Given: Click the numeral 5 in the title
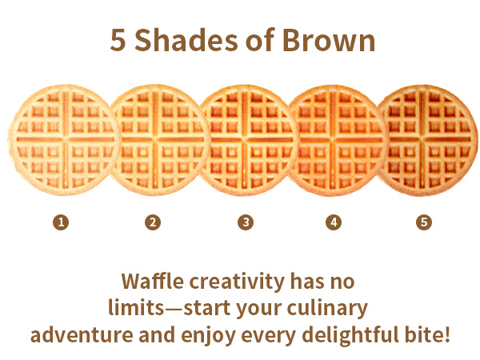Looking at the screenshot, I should point(117,41).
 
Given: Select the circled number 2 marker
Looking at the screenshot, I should point(153,222).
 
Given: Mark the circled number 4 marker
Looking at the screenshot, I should point(334,222).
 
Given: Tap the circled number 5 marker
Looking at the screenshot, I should point(424,222).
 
